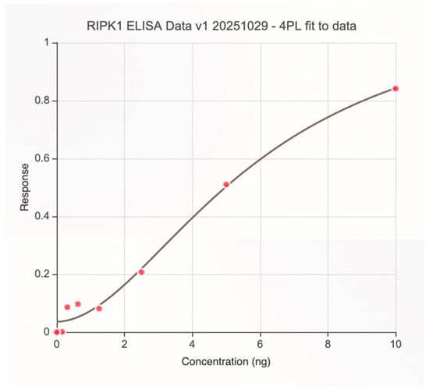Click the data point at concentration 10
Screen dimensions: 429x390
click(395, 88)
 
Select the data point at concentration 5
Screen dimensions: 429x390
click(226, 184)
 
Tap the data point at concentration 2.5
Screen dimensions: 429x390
click(141, 272)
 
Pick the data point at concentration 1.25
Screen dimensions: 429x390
click(99, 309)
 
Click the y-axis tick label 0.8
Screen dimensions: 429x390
click(42, 101)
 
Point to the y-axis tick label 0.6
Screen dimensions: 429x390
click(42, 158)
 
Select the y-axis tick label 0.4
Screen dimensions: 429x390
click(42, 216)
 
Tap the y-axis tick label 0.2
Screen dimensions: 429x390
click(42, 274)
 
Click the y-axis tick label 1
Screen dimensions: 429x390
click(47, 42)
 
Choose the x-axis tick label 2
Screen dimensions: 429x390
click(125, 344)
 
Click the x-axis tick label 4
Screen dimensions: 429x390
click(192, 344)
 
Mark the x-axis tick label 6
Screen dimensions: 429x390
click(260, 344)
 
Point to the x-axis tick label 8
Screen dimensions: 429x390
click(328, 344)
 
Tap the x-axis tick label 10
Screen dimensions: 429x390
click(395, 344)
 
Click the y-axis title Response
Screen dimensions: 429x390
click(25, 187)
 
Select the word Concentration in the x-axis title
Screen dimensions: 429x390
click(214, 361)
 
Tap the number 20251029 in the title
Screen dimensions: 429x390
click(240, 26)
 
